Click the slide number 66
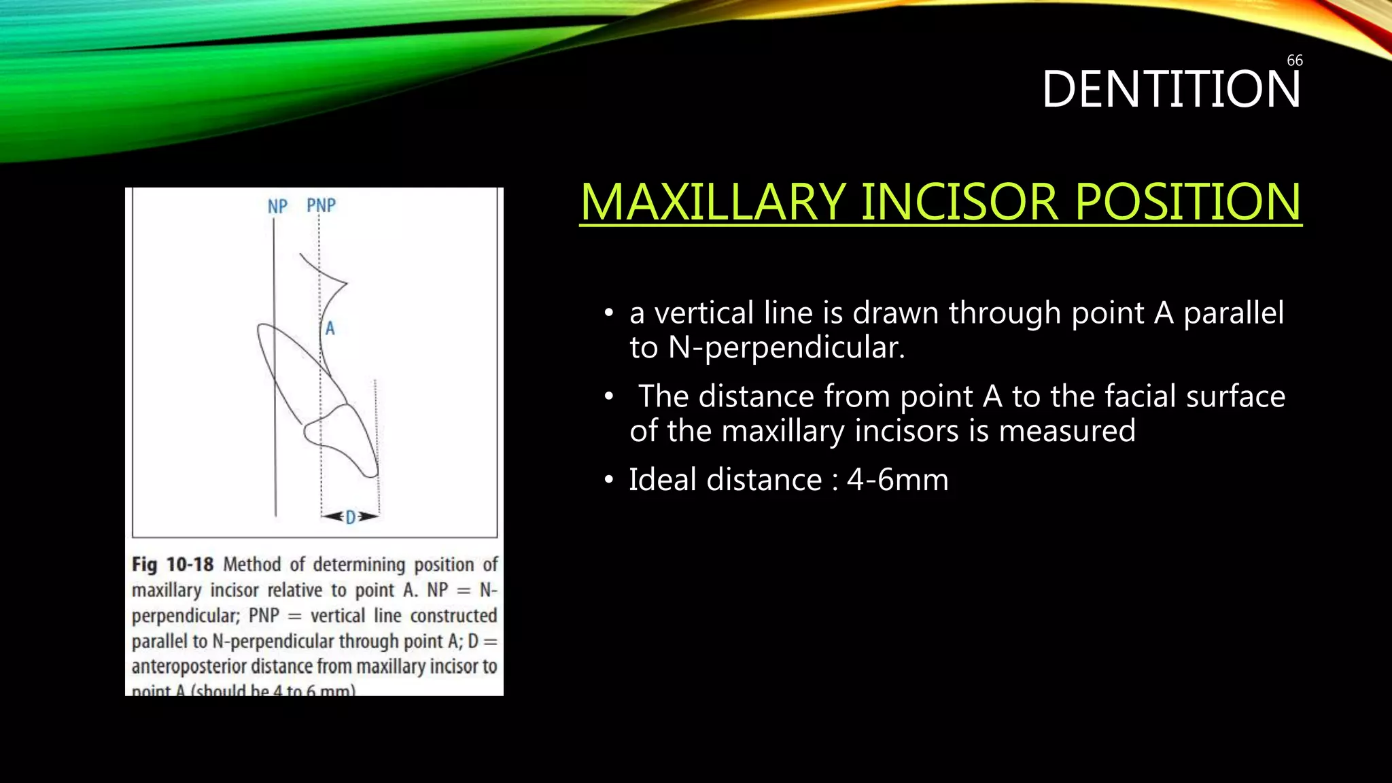[x=1294, y=60]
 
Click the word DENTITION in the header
[x=1170, y=90]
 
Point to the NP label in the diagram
[x=277, y=207]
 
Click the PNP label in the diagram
[x=321, y=205]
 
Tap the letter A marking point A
[x=330, y=329]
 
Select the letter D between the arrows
[x=350, y=518]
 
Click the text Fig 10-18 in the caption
[x=173, y=565]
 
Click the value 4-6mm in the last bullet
[x=897, y=480]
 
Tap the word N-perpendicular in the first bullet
[x=786, y=348]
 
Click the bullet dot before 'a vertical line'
[x=609, y=314]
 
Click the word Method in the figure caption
[x=251, y=565]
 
